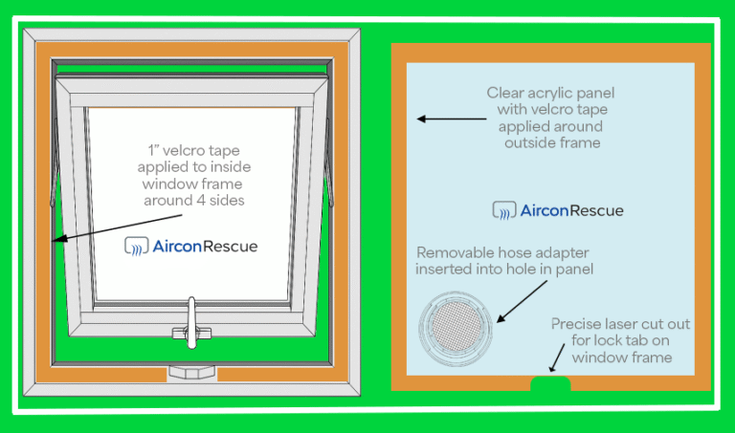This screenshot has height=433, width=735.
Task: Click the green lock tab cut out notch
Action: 549,383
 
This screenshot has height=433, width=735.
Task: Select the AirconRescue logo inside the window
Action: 191,246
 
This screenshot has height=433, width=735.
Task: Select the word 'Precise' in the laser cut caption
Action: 577,324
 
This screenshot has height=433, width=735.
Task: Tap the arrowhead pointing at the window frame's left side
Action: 58,239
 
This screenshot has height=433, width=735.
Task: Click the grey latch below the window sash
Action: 192,371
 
